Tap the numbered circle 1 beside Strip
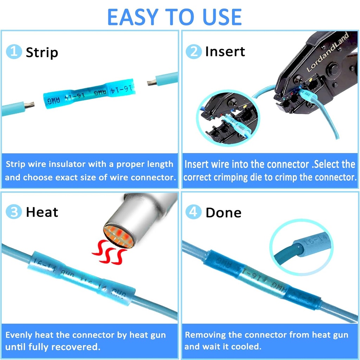pos(14,52)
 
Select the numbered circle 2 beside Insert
pos(193,52)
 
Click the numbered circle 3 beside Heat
pos(14,212)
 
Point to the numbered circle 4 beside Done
pos(193,212)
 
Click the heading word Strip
pos(42,52)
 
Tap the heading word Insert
pos(225,52)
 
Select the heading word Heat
pos(42,212)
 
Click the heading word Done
pos(223,213)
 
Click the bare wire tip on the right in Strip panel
pos(152,82)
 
